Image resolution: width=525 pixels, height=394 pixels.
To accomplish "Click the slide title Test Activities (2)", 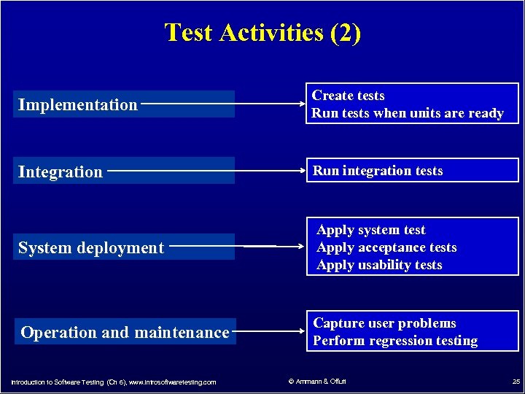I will point(262,33).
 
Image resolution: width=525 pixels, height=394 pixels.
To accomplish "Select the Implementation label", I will point(78,104).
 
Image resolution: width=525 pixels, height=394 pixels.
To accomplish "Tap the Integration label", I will point(61,172).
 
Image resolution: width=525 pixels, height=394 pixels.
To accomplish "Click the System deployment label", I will point(91,248).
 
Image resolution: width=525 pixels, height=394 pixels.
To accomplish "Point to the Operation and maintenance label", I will point(125,333).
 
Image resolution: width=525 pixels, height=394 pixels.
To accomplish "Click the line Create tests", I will point(349,96).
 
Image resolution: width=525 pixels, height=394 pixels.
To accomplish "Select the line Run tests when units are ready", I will point(408,113).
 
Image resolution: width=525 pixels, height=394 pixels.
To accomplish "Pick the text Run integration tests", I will point(378,171).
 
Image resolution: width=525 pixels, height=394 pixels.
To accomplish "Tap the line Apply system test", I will point(370,230).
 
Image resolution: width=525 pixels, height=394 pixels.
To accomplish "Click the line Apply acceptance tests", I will point(386,247).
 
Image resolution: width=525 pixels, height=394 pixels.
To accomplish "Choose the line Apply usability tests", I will point(379,265).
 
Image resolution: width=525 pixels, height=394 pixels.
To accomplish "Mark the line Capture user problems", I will point(384,323).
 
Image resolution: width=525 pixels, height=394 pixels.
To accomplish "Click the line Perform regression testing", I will point(395,341).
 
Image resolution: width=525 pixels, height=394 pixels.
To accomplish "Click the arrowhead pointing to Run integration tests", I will point(300,172).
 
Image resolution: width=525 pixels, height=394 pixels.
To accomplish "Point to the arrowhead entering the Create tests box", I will point(300,104).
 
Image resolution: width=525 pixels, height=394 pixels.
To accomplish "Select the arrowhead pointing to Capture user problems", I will point(300,332).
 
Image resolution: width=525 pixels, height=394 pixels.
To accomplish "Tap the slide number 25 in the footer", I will point(516,382).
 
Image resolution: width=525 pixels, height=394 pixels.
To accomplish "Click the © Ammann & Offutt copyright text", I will point(317,382).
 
